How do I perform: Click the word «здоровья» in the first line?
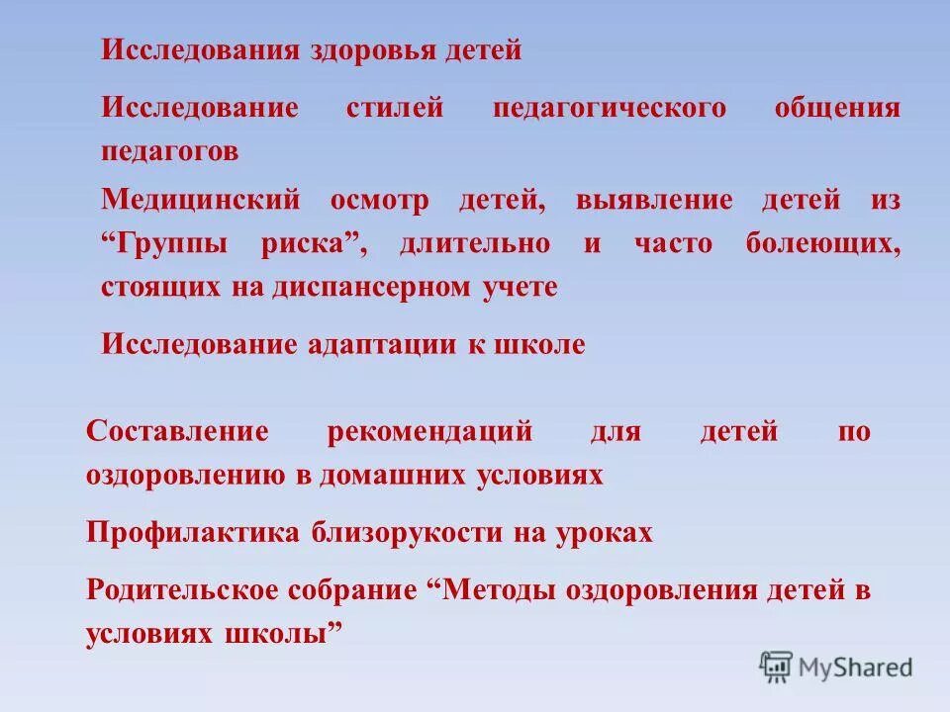pos(354,50)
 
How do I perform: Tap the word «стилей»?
pos(395,108)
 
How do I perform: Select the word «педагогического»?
pos(609,108)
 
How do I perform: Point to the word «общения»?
pos(837,108)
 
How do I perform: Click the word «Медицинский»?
pos(200,201)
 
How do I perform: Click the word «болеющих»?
pos(823,244)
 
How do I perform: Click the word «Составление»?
pos(178,432)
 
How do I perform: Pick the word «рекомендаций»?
pos(428,432)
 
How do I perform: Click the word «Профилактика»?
pos(193,533)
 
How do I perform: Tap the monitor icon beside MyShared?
pos(776,667)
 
